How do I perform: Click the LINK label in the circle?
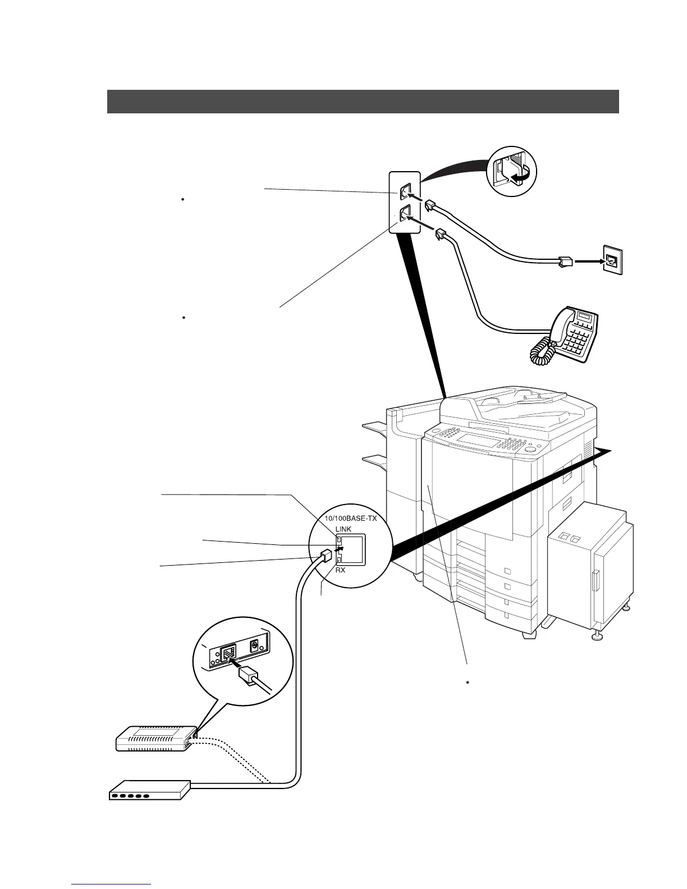click(343, 529)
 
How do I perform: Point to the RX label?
click(340, 570)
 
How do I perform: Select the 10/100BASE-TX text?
click(351, 519)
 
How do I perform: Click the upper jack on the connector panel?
click(405, 191)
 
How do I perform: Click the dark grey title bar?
click(363, 102)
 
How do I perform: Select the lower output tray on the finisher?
click(374, 461)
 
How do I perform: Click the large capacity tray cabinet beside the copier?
click(589, 567)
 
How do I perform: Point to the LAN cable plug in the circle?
click(325, 556)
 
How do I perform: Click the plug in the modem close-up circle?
click(246, 675)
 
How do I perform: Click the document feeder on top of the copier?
click(516, 407)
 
